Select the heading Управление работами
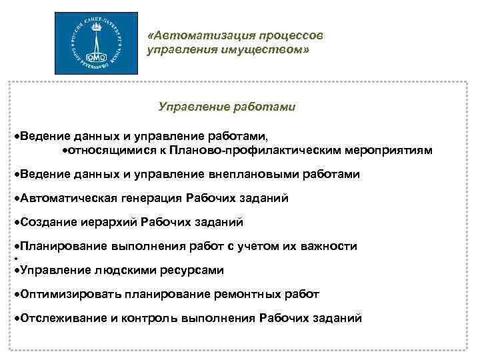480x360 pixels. coord(227,107)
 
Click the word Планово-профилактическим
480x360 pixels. coord(259,151)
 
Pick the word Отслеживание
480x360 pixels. coord(63,319)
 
